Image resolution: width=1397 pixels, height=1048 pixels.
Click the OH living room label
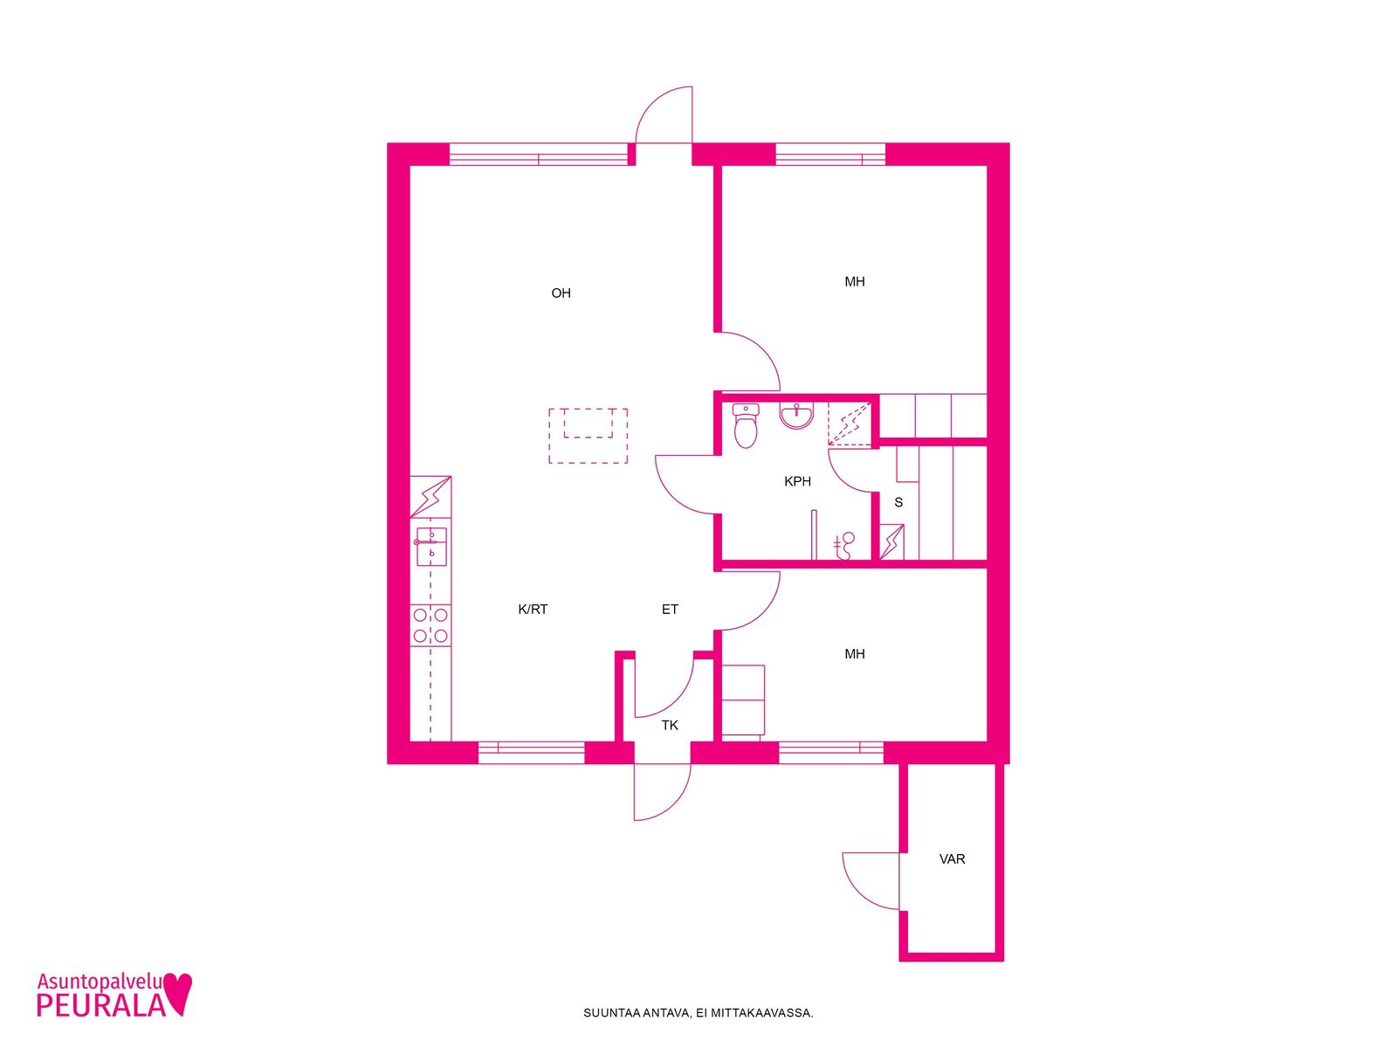[561, 293]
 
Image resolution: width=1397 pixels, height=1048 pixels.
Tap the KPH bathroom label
[797, 482]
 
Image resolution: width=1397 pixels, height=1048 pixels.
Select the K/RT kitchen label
[533, 610]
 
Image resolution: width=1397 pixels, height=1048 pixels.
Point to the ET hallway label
[670, 610]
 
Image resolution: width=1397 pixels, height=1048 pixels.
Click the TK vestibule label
[670, 726]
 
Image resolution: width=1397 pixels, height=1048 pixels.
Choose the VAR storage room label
[952, 859]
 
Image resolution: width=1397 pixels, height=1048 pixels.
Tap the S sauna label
[898, 503]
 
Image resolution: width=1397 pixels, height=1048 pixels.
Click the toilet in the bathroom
[746, 425]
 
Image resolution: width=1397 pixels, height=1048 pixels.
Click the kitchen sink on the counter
[431, 547]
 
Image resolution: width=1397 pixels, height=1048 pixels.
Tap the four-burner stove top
[430, 624]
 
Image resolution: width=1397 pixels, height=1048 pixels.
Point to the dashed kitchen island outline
[588, 436]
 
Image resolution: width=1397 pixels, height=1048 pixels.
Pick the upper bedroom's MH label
[855, 282]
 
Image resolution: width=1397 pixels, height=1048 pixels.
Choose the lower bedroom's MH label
[855, 654]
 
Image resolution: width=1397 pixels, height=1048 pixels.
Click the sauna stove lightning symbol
[891, 541]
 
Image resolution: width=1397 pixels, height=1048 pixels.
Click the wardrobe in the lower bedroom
[743, 700]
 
